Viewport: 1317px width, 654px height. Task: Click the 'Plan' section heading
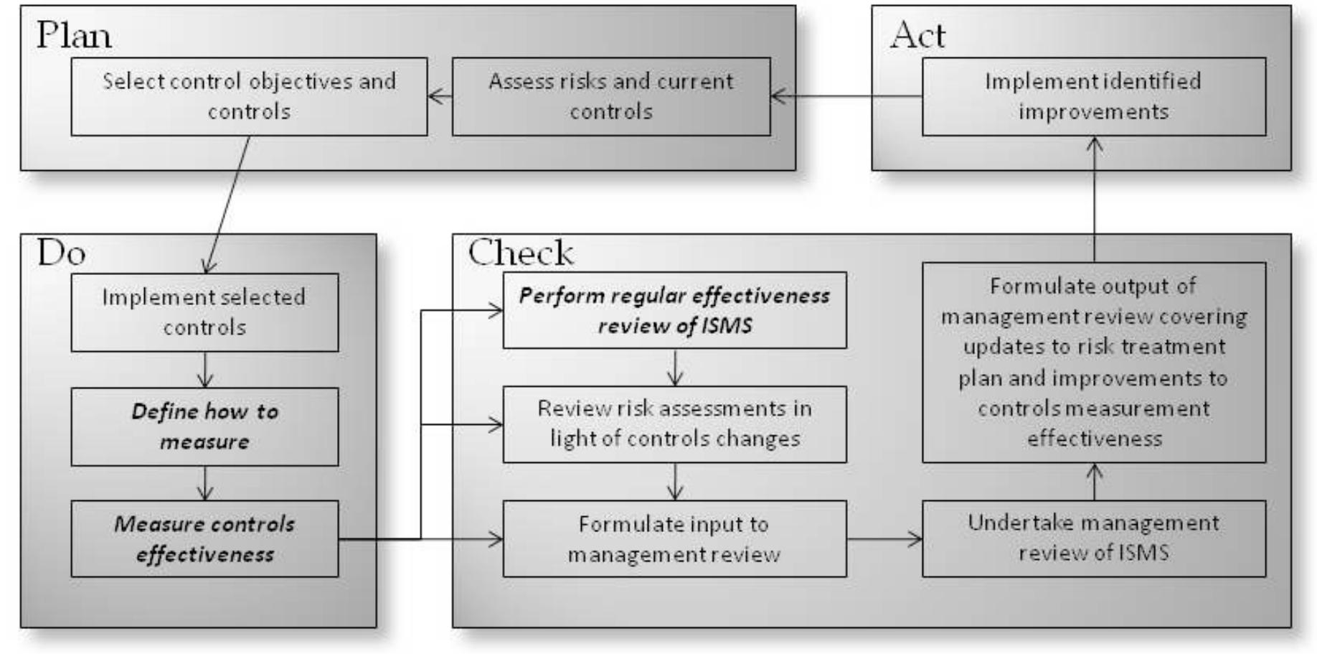point(74,34)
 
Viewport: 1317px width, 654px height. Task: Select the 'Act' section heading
point(917,34)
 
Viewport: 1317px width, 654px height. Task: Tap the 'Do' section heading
point(62,252)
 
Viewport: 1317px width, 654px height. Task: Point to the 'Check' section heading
point(521,252)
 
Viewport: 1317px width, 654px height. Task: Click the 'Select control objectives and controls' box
point(249,96)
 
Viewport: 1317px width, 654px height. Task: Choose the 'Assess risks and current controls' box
point(611,96)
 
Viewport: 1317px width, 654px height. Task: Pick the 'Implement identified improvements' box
point(1093,96)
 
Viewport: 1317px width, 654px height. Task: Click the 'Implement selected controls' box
point(204,312)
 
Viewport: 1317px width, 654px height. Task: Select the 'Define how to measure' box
point(204,426)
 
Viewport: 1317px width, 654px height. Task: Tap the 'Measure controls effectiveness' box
point(204,539)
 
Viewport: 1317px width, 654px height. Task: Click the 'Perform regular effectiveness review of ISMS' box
point(674,310)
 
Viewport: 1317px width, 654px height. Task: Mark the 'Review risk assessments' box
point(674,424)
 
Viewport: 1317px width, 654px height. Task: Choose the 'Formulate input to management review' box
point(674,539)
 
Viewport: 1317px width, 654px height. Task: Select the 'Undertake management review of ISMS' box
point(1093,538)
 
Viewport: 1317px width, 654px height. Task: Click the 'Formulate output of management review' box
point(1093,362)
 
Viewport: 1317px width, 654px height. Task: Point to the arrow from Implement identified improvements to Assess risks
point(846,95)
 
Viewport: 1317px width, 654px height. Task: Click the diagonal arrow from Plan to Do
point(228,205)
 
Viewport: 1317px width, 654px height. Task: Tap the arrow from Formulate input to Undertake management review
point(884,539)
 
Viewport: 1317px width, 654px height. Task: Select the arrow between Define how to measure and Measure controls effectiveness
point(205,483)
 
